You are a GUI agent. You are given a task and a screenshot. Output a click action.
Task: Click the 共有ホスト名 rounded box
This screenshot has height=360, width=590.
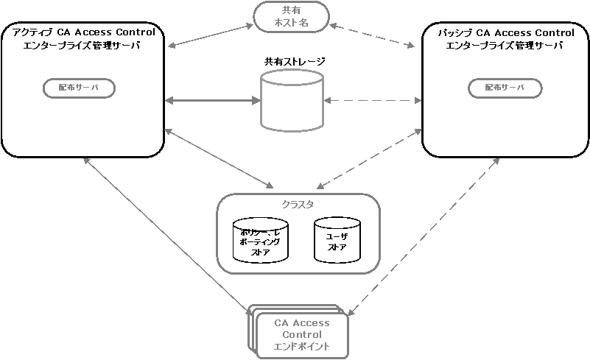(291, 16)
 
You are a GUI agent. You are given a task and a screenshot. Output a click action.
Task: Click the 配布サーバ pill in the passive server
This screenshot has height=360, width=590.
(505, 87)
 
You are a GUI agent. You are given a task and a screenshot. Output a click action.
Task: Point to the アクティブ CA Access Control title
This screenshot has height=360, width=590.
(79, 32)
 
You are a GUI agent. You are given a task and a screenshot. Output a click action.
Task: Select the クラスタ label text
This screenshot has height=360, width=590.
(298, 204)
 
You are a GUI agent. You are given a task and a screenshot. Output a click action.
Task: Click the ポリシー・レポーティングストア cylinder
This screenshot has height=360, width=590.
(260, 240)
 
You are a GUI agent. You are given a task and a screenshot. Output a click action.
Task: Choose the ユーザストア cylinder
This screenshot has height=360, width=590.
(337, 239)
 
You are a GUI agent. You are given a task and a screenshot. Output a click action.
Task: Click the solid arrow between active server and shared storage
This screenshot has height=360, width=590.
(214, 100)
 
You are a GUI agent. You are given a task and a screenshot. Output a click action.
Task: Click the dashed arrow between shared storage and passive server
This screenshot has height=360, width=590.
(372, 100)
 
